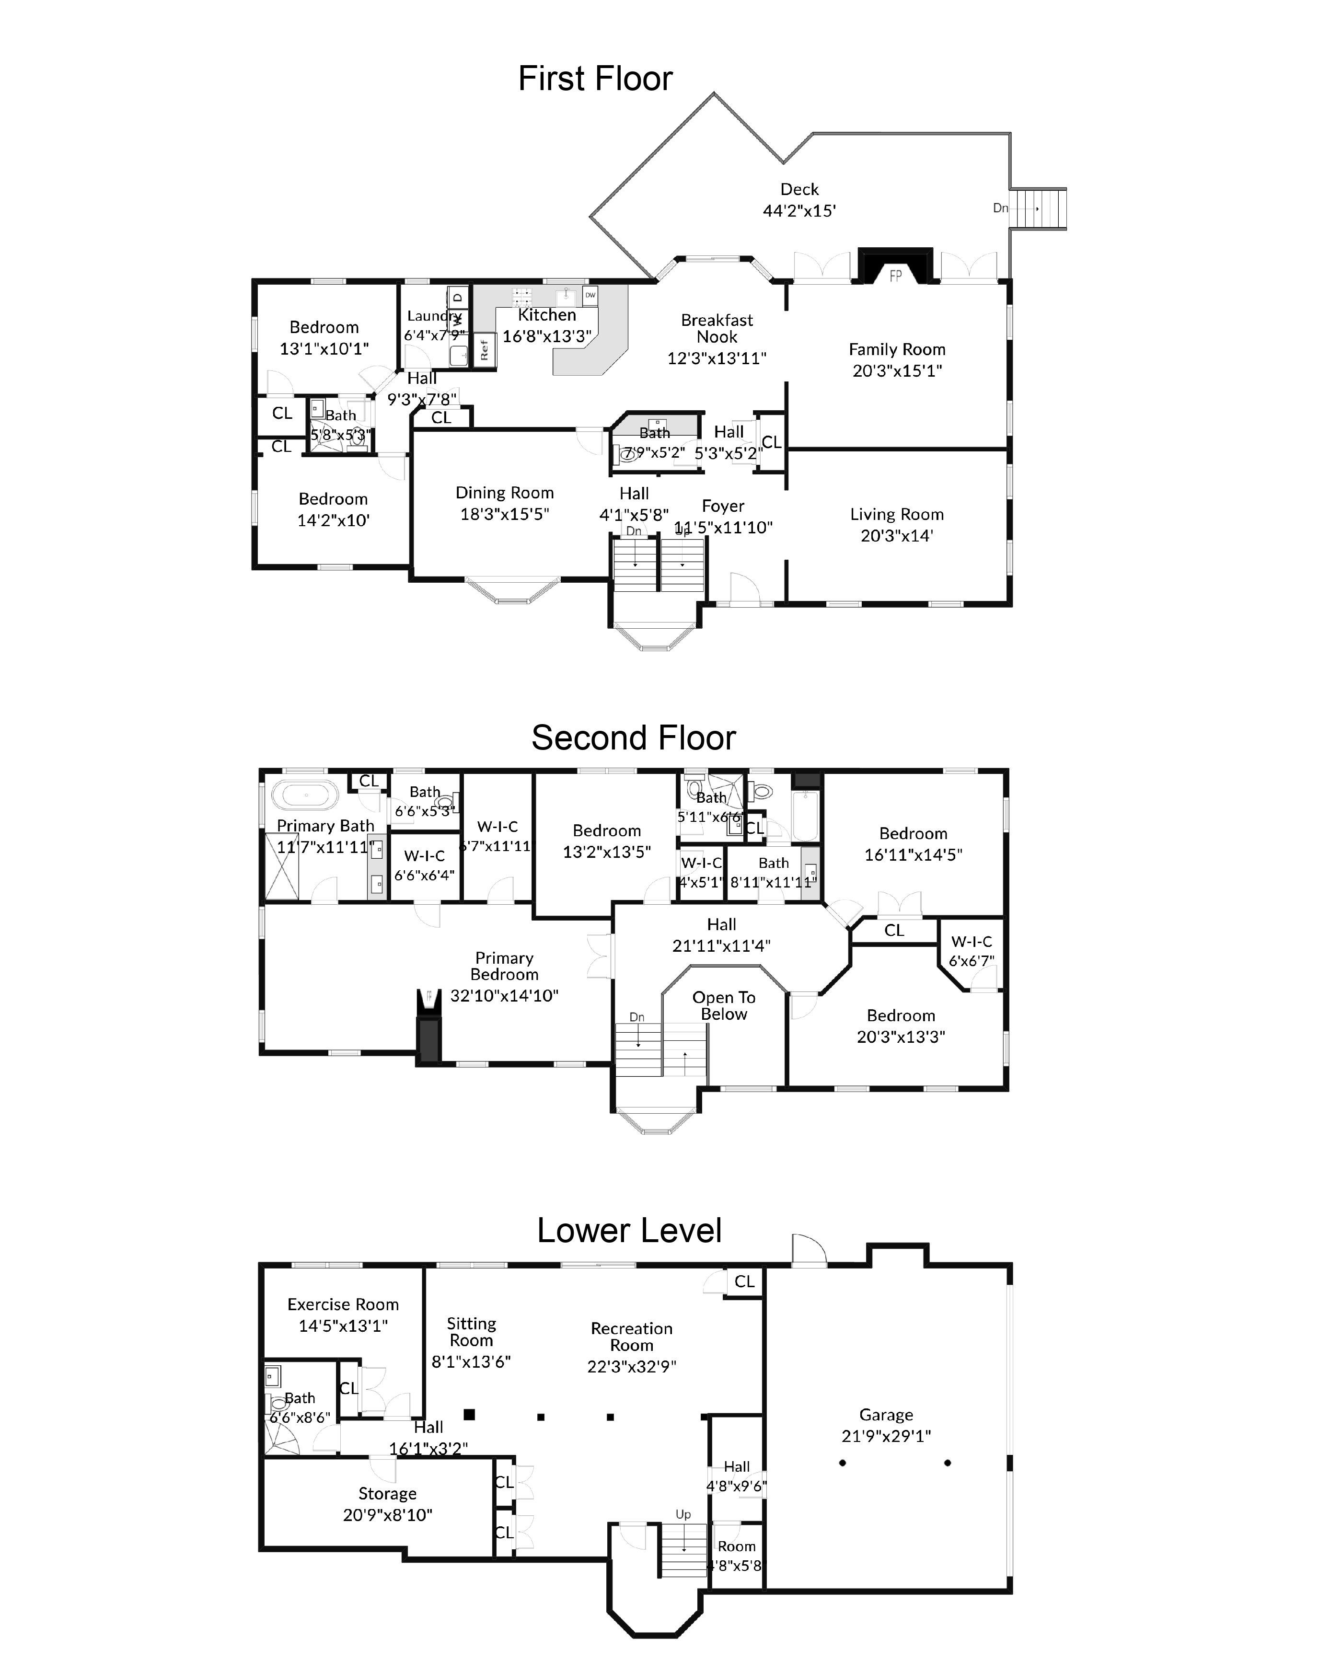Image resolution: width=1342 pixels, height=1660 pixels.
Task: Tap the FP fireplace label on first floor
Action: click(x=895, y=276)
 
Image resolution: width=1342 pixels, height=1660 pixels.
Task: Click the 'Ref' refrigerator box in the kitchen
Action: click(x=485, y=350)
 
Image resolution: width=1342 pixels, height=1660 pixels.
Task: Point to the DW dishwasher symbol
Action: click(x=590, y=295)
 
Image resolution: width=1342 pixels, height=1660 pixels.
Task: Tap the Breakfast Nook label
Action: click(x=717, y=328)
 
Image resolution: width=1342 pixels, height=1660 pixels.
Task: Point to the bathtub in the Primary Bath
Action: click(x=304, y=795)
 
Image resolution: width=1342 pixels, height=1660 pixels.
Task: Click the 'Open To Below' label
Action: click(x=724, y=1005)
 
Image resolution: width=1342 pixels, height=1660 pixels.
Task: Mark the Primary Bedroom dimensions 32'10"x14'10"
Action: click(x=504, y=995)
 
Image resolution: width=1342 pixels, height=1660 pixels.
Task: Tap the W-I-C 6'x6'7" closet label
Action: click(x=971, y=951)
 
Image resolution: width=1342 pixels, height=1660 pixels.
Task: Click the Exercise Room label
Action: click(x=343, y=1304)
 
